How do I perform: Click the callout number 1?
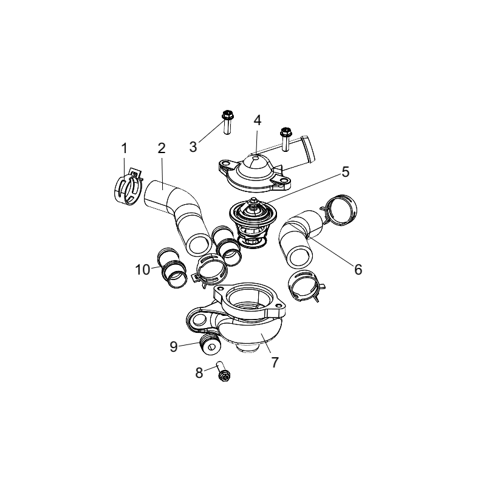click(x=124, y=148)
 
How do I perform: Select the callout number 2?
click(x=162, y=148)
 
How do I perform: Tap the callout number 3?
click(x=193, y=147)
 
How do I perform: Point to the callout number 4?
click(x=258, y=120)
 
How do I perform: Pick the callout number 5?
click(x=346, y=172)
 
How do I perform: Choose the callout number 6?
click(x=358, y=270)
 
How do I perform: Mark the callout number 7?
click(x=275, y=362)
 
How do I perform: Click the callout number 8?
click(x=199, y=373)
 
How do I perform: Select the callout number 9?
click(x=174, y=346)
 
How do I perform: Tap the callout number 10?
click(x=143, y=270)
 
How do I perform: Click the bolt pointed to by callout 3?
click(x=228, y=122)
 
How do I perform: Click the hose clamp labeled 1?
click(x=126, y=188)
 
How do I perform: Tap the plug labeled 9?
click(x=211, y=343)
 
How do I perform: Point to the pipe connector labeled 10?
click(x=173, y=268)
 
